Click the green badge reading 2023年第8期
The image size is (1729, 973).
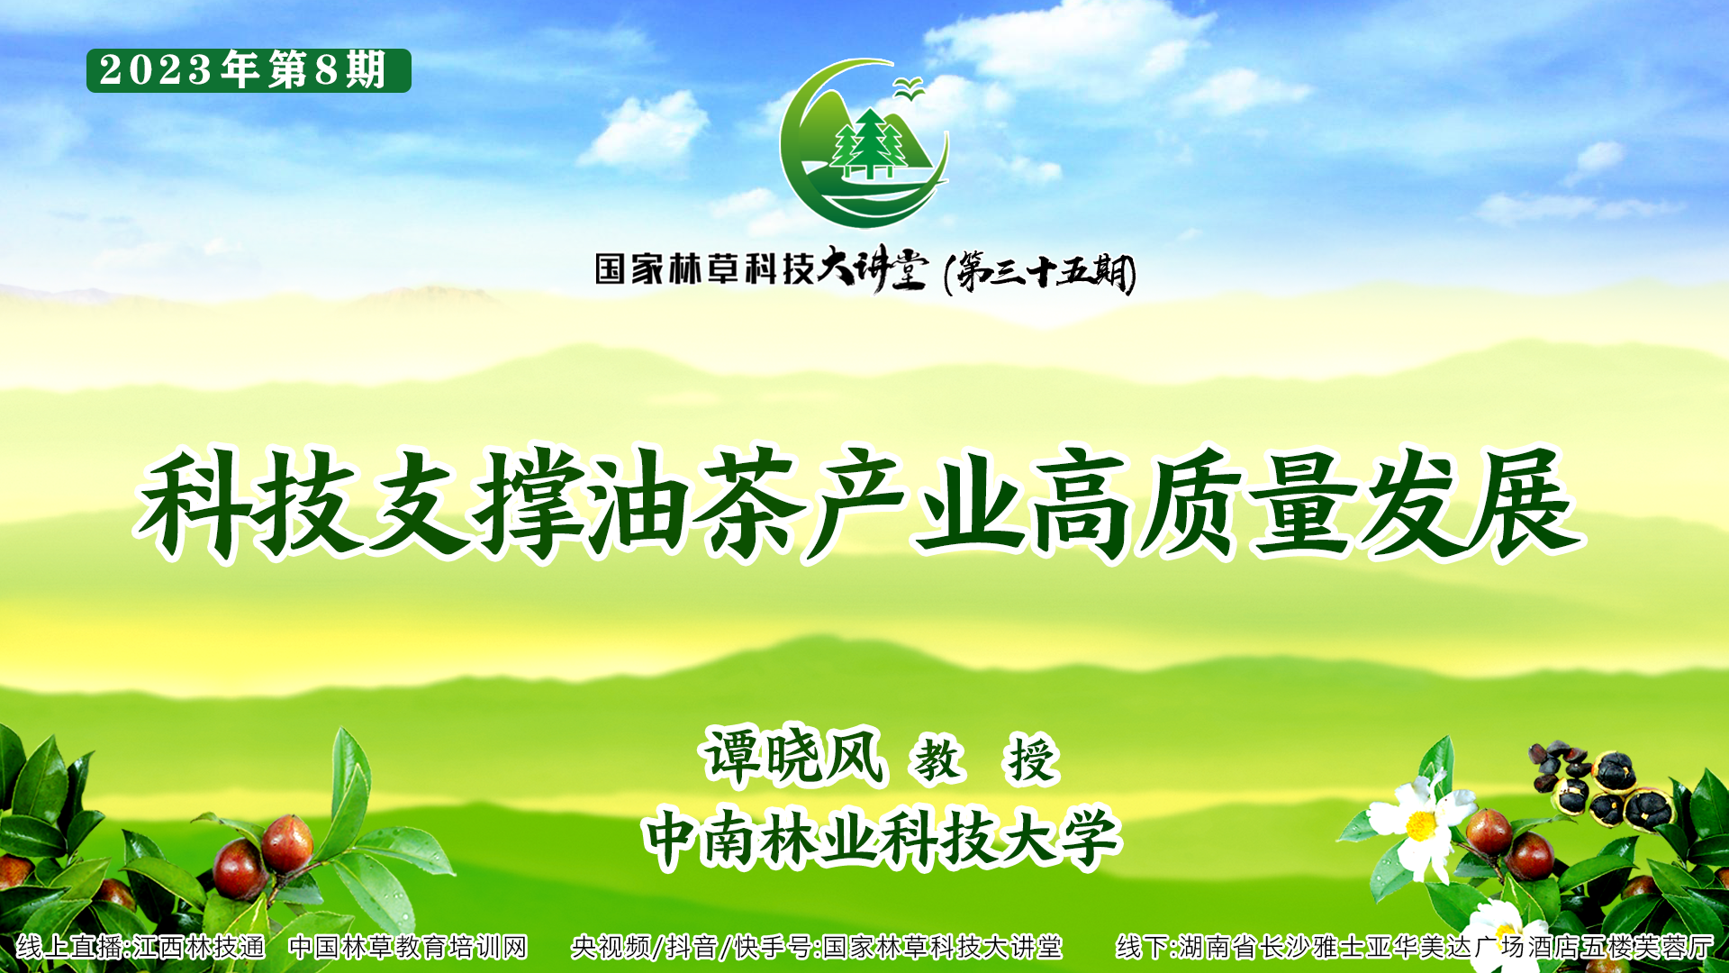[249, 70]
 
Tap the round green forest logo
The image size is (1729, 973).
[864, 143]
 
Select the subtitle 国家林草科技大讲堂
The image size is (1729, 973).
[761, 269]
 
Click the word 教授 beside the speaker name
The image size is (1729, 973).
[985, 759]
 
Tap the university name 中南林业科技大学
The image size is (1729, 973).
[882, 838]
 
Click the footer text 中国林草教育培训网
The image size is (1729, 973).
[408, 947]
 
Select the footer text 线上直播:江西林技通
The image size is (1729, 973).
[140, 947]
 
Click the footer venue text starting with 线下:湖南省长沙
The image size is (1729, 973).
[1415, 947]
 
